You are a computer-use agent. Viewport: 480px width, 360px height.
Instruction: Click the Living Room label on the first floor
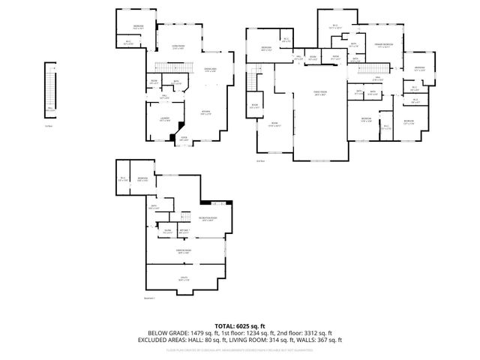click(178, 47)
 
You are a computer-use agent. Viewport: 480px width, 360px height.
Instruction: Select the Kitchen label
click(205, 113)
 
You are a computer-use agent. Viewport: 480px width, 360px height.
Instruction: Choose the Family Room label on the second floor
click(320, 94)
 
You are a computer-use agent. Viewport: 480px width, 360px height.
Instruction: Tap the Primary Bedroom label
click(384, 46)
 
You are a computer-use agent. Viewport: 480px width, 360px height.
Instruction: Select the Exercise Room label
click(184, 251)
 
